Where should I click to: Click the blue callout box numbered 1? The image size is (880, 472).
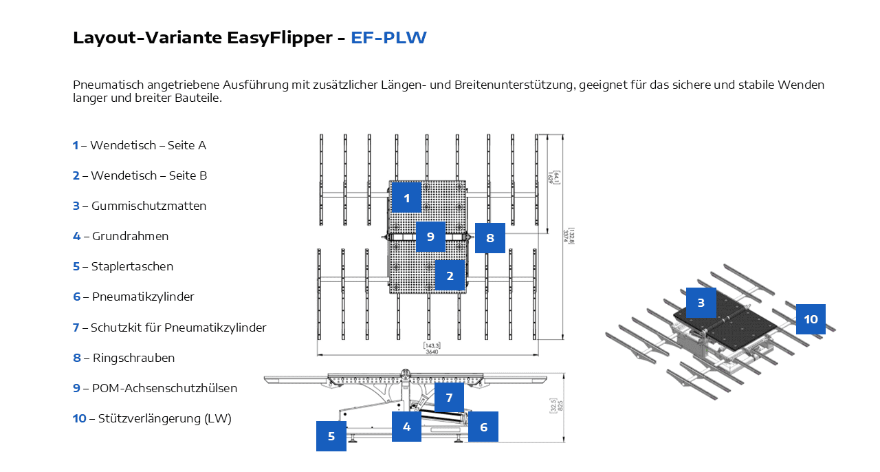click(406, 198)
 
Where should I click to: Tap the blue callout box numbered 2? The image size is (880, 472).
click(450, 276)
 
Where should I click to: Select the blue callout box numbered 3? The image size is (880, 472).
click(701, 303)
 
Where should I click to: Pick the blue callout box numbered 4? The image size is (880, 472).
click(406, 426)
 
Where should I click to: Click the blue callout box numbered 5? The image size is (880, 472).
click(331, 436)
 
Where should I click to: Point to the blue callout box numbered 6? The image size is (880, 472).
click(483, 427)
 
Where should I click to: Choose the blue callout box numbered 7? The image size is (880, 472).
click(449, 397)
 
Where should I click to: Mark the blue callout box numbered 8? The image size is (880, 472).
click(489, 238)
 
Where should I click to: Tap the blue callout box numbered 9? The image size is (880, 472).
click(430, 237)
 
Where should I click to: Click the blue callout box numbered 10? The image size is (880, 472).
click(811, 319)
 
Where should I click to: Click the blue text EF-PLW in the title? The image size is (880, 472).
click(388, 38)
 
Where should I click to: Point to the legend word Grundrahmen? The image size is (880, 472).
click(130, 236)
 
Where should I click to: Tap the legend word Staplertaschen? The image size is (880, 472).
click(132, 266)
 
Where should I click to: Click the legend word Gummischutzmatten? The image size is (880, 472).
click(148, 206)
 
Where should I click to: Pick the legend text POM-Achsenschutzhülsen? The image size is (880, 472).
click(164, 388)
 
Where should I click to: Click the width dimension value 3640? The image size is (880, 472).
click(432, 352)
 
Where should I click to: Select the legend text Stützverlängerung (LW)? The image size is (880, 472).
click(164, 418)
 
